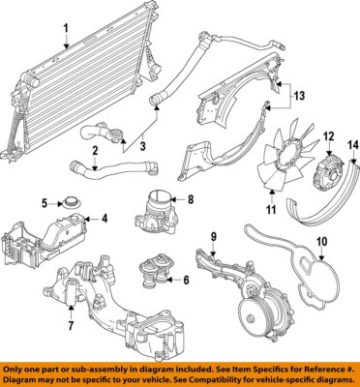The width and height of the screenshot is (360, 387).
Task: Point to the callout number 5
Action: (45, 203)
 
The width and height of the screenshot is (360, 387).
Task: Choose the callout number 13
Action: (300, 97)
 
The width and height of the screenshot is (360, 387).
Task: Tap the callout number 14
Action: (352, 144)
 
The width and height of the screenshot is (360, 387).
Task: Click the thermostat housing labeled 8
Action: (155, 213)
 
